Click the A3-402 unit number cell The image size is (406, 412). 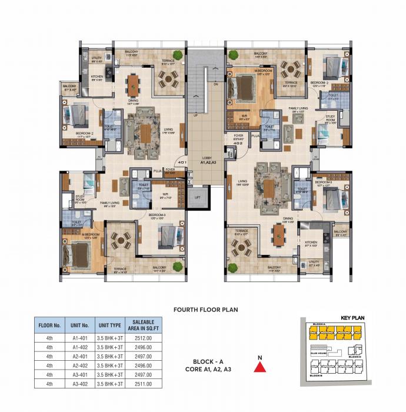pyautogui.click(x=80, y=384)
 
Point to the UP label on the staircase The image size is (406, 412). pyautogui.click(x=195, y=115)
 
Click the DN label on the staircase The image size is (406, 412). pyautogui.click(x=216, y=84)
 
